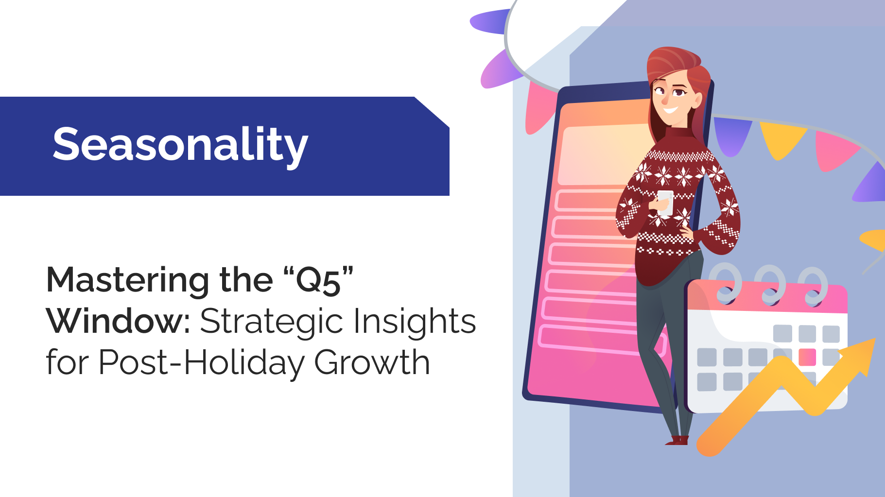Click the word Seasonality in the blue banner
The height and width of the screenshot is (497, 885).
180,144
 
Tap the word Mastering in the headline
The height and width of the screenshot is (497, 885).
128,281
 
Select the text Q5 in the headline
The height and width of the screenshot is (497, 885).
318,281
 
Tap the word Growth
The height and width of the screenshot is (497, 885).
372,362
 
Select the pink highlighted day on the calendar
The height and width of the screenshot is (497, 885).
807,357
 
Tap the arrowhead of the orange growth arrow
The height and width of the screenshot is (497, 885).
861,356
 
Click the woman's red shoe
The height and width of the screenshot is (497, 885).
677,440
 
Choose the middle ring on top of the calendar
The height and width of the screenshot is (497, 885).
771,284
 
